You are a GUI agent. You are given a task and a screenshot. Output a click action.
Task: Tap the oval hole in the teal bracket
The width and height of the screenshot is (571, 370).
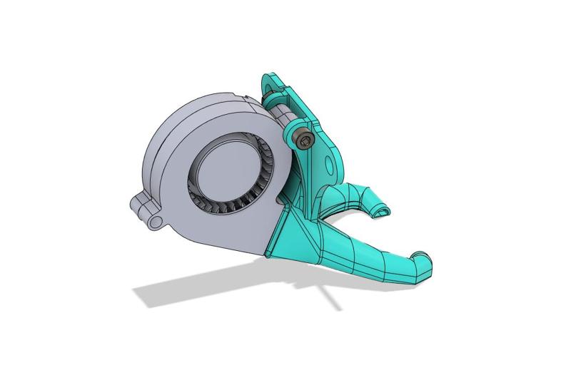click(329, 165)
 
